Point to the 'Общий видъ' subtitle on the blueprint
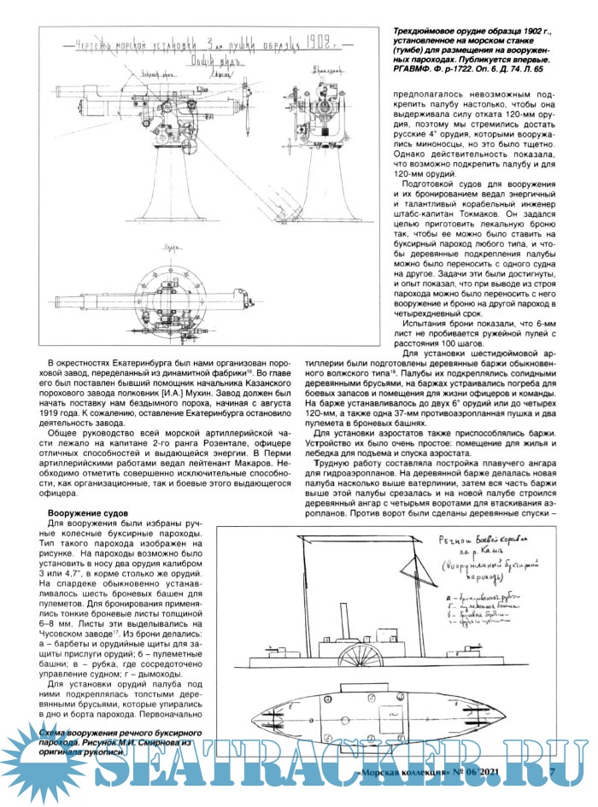click(x=212, y=59)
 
